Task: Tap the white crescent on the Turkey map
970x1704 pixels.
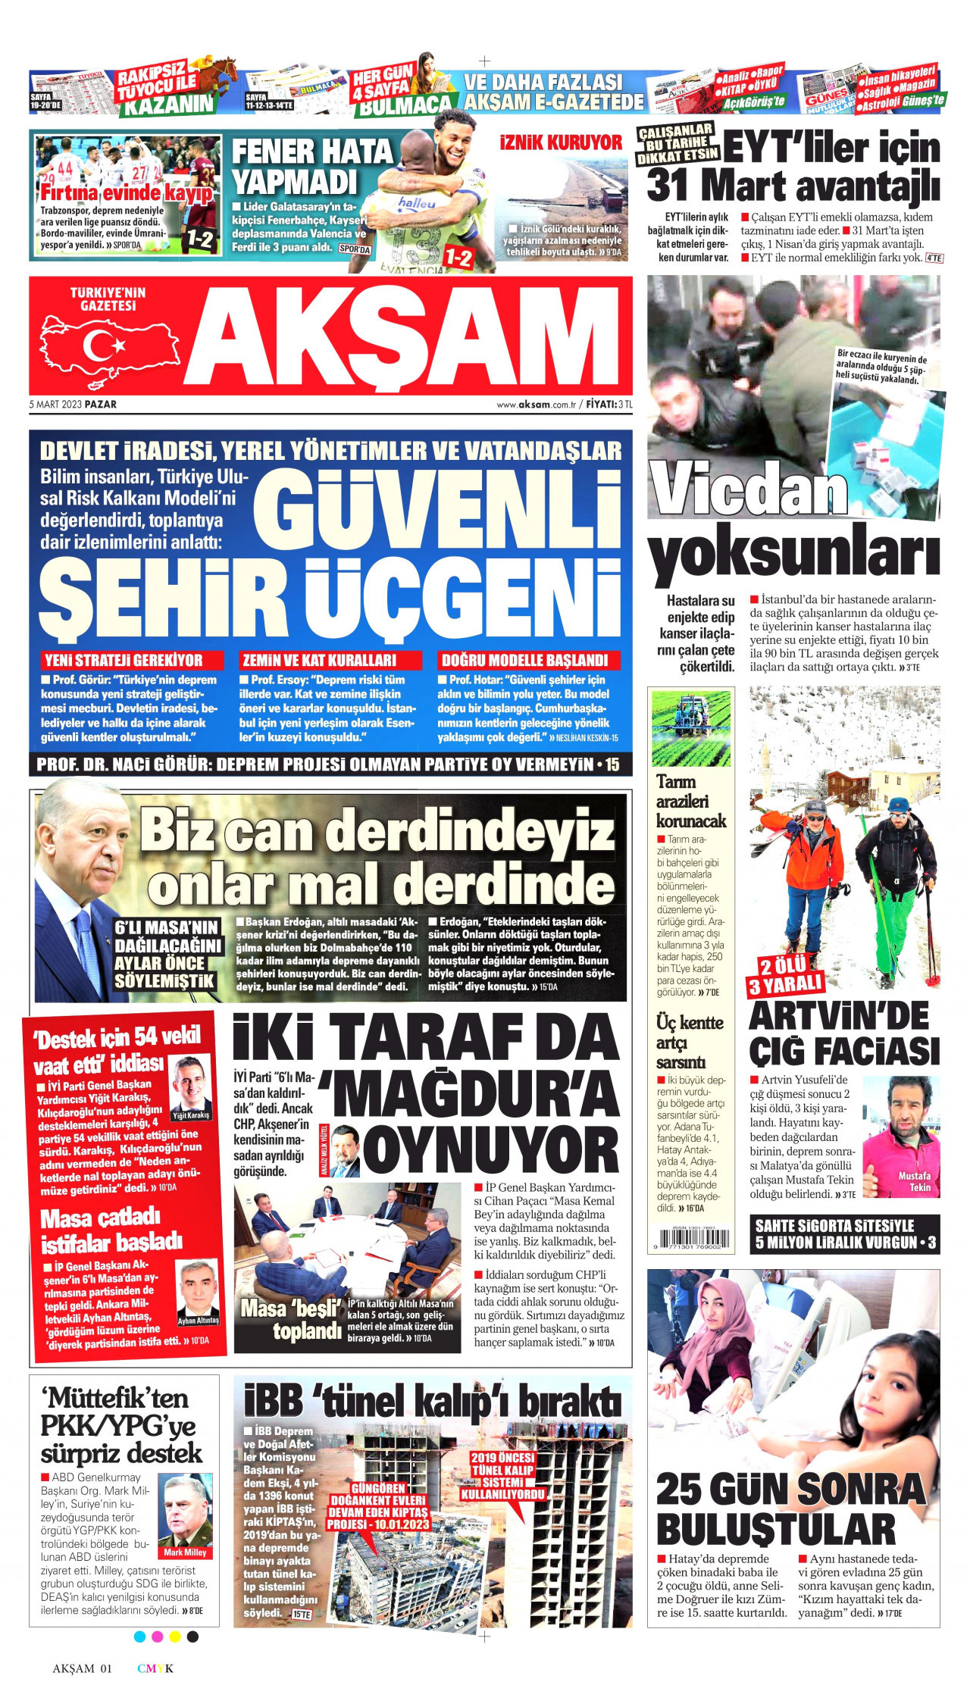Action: (98, 345)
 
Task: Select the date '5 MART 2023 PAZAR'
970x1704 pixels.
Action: (73, 405)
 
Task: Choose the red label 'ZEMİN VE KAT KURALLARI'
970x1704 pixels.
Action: (319, 660)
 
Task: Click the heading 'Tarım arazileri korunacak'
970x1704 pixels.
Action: (690, 801)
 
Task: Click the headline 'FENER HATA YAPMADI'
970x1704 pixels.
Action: (311, 167)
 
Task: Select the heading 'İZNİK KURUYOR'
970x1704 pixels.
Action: (561, 142)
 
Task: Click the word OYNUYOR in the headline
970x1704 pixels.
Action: (490, 1151)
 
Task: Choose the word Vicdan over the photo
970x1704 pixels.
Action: (749, 490)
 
